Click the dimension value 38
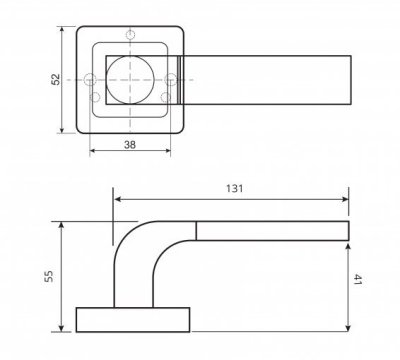131,143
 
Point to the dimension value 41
357,283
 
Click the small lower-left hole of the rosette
96,97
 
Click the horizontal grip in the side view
270,231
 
